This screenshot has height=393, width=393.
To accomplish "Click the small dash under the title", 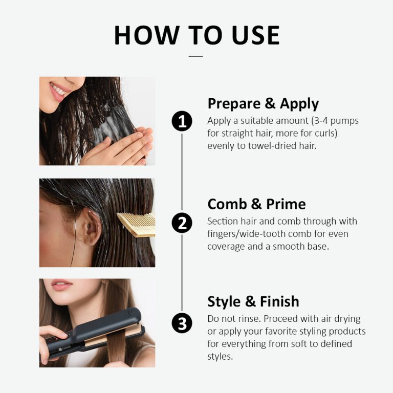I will pyautogui.click(x=196, y=56).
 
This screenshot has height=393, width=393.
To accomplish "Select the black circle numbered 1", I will pyautogui.click(x=182, y=121).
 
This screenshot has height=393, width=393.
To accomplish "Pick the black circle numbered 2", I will pyautogui.click(x=182, y=223).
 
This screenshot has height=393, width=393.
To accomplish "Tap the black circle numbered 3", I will pyautogui.click(x=182, y=323).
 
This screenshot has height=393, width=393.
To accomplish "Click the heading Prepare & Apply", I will pyautogui.click(x=263, y=103).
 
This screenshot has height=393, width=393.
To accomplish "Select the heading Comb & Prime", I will pyautogui.click(x=256, y=204).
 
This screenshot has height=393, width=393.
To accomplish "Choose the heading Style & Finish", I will pyautogui.click(x=253, y=301).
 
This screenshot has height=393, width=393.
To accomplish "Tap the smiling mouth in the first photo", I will pyautogui.click(x=60, y=91).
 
